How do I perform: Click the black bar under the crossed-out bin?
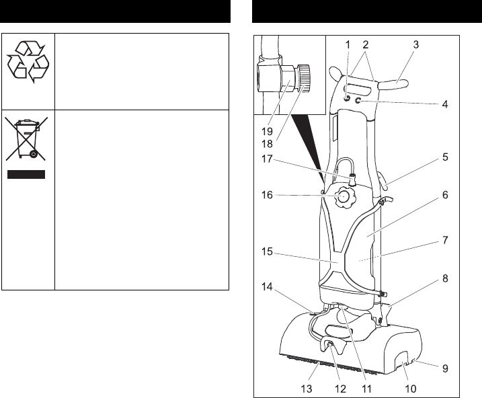tap(27, 175)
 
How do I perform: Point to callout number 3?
tap(416, 45)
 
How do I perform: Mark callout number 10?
tap(409, 388)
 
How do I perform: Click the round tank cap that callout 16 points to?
tap(344, 198)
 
